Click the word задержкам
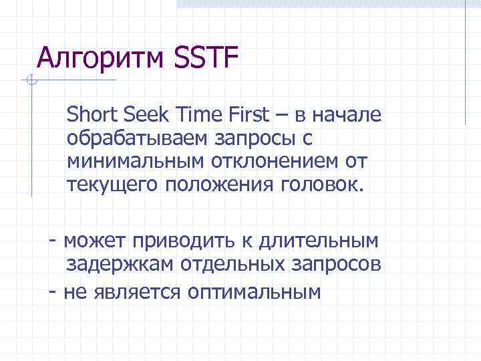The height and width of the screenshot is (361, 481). [120, 265]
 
